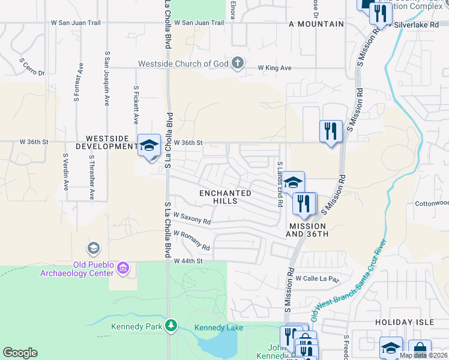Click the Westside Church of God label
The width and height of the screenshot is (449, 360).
pos(184,63)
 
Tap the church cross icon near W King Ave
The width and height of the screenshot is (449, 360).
pos(238,63)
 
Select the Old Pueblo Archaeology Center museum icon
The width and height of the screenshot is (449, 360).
pos(123,267)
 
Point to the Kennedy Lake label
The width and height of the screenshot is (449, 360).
pos(218,328)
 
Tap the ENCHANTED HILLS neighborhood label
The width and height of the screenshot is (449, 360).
pos(225,197)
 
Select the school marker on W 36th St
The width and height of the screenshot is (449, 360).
pos(149,145)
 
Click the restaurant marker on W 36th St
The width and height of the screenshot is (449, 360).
pos(330,131)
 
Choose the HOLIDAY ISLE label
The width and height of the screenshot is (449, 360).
pos(404,322)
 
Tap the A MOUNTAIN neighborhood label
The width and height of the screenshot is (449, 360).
pos(316,24)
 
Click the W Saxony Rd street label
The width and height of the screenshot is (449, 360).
pos(191,218)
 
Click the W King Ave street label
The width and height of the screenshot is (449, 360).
pos(274,68)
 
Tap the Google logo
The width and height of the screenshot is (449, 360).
pos(20,352)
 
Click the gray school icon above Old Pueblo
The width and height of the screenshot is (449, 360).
pos(93,248)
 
